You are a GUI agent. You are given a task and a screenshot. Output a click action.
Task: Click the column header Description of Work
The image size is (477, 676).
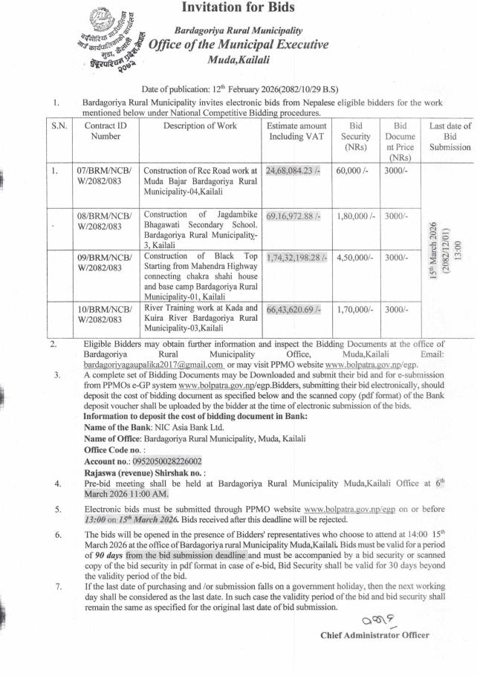[x=200, y=126]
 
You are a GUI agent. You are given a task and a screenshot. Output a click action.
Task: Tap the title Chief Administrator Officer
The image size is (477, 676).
[x=374, y=635]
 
